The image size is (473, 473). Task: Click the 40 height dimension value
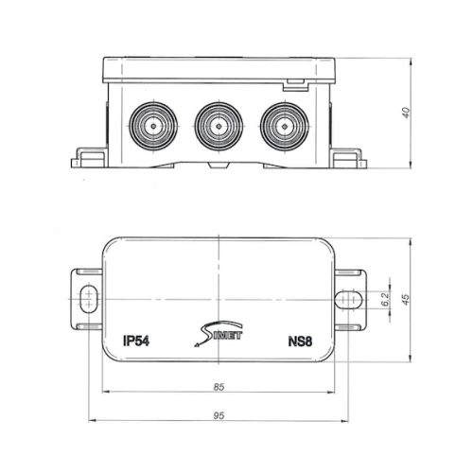coord(407,113)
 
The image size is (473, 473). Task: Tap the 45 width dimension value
coord(407,299)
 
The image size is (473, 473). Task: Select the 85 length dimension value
coord(219,387)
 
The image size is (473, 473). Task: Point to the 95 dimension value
coord(219,415)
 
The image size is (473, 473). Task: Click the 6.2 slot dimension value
coord(385,299)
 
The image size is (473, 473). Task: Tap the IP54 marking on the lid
coord(136,342)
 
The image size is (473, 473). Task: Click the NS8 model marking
coord(300,342)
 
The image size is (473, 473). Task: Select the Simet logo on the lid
coord(219,334)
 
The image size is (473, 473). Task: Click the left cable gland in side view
coord(153,127)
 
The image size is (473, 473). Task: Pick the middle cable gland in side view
coord(219,127)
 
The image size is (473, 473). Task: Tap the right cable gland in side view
coord(285,127)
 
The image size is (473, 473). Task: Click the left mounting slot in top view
coord(89,299)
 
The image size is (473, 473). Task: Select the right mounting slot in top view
coord(348,299)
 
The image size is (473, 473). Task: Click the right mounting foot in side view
coord(348,158)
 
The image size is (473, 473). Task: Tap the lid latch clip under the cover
coord(295,85)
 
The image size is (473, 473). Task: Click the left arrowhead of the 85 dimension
coord(106,392)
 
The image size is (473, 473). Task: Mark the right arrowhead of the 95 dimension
coord(345,421)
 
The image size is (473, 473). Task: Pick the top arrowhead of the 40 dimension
coord(411,62)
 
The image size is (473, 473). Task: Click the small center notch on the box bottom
coord(219,166)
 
